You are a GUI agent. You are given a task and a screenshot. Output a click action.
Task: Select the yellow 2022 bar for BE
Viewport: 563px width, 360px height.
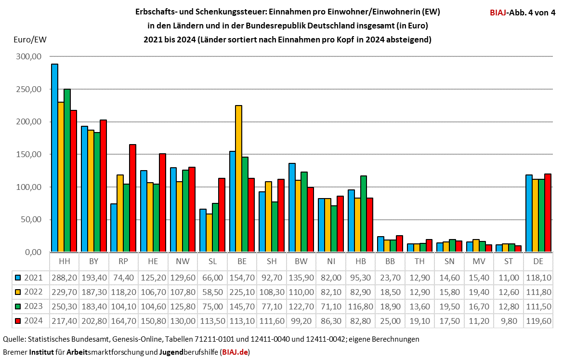(238, 178)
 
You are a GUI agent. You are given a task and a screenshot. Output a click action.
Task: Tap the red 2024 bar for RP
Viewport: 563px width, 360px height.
(133, 198)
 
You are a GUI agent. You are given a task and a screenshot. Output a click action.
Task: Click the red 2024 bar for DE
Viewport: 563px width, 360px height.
(548, 213)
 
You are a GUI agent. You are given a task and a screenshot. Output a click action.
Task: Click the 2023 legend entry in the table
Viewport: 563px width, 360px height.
(30, 306)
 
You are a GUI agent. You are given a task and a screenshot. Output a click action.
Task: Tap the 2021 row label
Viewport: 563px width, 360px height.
(30, 277)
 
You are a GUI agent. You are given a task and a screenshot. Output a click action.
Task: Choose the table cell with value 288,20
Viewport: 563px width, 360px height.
(64, 277)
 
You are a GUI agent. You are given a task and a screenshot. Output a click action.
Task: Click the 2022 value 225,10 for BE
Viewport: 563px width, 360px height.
(242, 292)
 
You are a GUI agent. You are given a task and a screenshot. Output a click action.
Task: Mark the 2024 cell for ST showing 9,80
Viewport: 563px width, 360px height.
(508, 320)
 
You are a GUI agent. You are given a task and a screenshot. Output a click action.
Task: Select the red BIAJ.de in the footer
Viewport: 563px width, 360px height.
(235, 352)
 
